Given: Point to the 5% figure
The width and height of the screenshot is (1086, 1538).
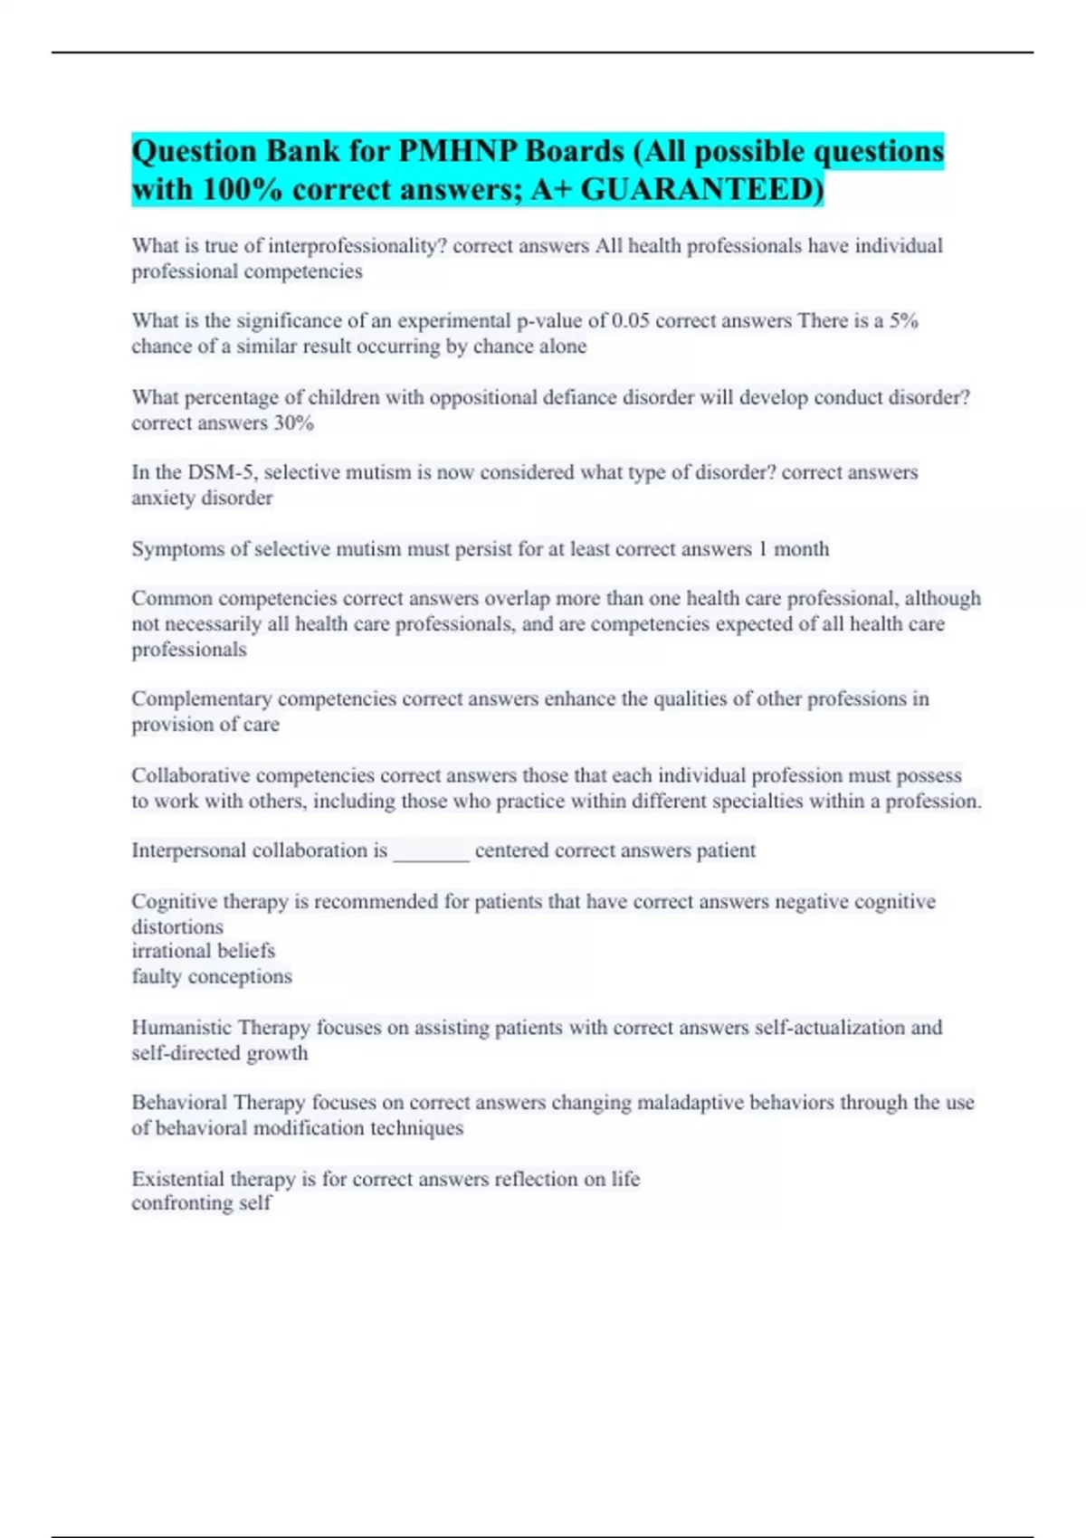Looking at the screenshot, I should coord(903,321).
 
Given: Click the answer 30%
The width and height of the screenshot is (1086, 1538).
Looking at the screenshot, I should coord(294,423).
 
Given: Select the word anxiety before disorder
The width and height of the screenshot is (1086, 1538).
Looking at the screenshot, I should coord(163,498).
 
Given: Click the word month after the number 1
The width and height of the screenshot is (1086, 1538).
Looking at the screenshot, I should coord(801,549).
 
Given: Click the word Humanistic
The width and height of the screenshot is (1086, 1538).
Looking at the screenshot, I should coord(181,1028).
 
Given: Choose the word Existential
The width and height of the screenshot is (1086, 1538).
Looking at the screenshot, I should coord(177,1180).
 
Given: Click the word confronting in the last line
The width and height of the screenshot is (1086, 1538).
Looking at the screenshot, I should coord(181,1203).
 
